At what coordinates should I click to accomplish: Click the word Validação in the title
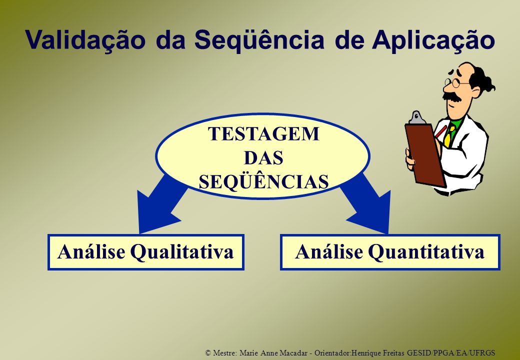(85, 40)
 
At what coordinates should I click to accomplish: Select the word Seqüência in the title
(259, 40)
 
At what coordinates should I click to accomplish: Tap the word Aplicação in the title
(433, 40)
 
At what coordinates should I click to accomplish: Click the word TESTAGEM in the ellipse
(263, 133)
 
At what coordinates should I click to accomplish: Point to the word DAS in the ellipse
(263, 158)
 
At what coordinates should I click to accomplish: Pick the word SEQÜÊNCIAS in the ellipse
(263, 181)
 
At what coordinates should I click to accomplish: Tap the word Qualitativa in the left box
(181, 252)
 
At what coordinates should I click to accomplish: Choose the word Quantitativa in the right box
(426, 252)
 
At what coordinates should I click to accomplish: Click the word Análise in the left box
(91, 251)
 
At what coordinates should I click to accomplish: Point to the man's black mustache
(452, 96)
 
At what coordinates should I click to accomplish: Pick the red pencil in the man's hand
(440, 131)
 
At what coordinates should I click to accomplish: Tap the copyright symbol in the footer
(208, 352)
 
